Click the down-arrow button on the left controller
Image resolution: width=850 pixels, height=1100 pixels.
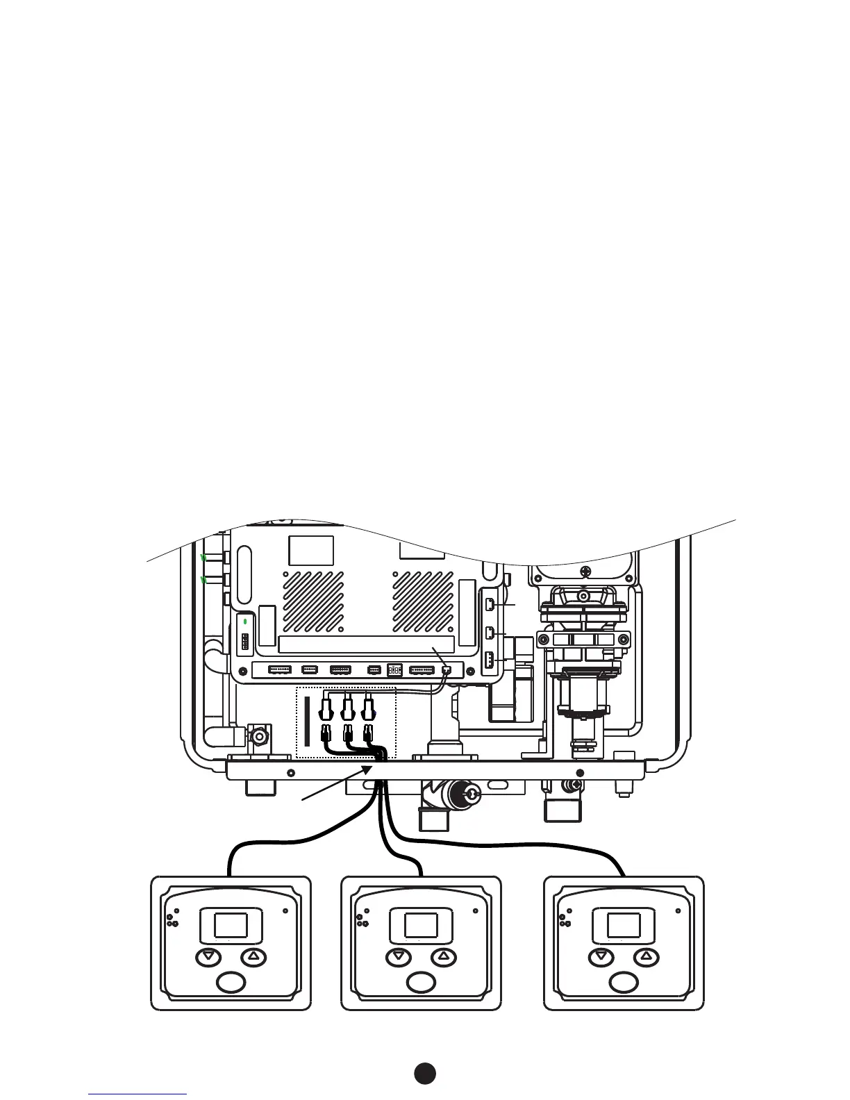[x=207, y=957]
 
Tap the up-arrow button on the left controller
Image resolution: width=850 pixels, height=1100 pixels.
[x=253, y=957]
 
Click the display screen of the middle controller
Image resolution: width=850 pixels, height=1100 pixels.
[x=421, y=925]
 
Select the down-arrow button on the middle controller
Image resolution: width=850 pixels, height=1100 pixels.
[x=398, y=957]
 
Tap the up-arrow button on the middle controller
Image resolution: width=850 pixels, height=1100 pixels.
[x=444, y=957]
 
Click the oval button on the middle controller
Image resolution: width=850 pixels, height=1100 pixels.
[x=421, y=983]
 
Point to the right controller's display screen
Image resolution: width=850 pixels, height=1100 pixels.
[x=624, y=925]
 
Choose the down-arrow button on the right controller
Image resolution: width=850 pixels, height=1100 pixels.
[x=601, y=957]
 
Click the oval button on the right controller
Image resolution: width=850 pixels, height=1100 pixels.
[x=624, y=983]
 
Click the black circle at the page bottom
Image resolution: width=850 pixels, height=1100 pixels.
[x=425, y=1073]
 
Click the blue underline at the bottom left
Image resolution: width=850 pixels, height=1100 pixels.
[x=137, y=1094]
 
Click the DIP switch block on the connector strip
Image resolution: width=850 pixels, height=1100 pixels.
[x=394, y=669]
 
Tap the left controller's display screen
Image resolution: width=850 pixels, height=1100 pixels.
[x=231, y=925]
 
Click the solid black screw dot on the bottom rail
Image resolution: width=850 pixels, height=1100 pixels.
[x=581, y=773]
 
